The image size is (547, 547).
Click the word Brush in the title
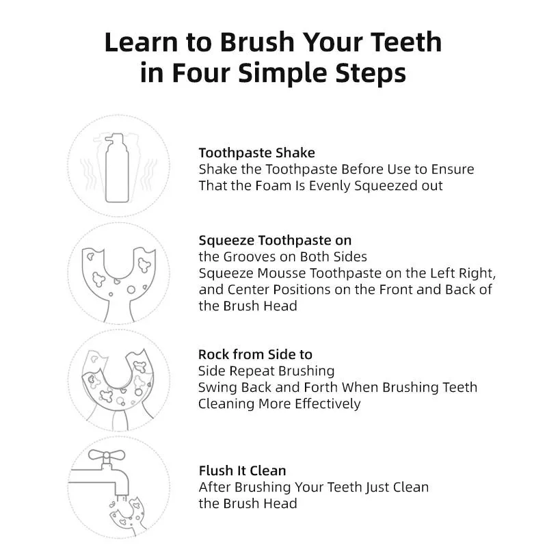tap(258, 42)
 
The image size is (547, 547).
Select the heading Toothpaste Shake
tap(257, 152)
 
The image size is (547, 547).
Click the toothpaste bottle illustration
tap(117, 168)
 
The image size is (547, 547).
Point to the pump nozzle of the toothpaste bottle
tap(114, 138)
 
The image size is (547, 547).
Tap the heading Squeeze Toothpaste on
tap(275, 241)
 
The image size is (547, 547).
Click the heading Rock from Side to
tap(255, 354)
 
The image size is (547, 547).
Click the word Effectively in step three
tap(328, 404)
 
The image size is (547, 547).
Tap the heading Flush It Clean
tap(243, 470)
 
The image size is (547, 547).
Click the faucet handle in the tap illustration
tap(107, 455)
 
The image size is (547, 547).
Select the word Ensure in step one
tap(453, 169)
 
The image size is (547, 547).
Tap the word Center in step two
tap(248, 289)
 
